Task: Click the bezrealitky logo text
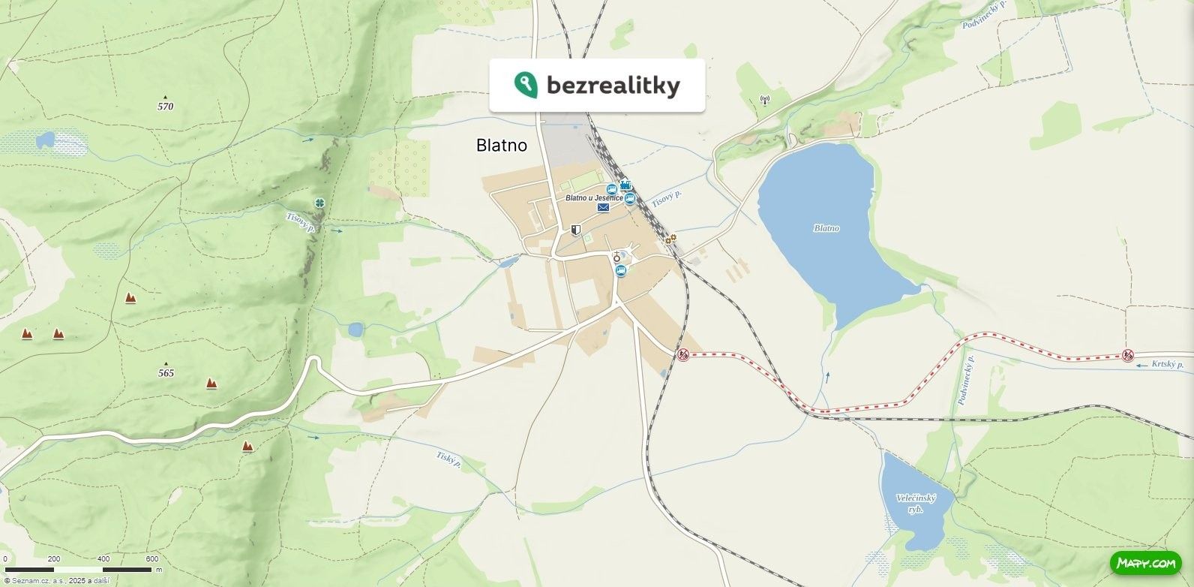point(613,86)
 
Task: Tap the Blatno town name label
point(501,146)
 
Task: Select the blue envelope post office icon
point(603,208)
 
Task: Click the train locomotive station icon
point(625,185)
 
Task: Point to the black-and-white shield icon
point(575,230)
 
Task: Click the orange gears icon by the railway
point(670,239)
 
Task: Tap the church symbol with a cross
point(616,257)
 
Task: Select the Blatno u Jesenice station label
point(594,197)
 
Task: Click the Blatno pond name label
point(826,228)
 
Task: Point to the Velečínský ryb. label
point(916,504)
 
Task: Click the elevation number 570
point(165,107)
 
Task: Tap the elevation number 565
point(166,373)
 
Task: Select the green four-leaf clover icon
point(320,203)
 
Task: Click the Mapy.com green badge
point(1145,562)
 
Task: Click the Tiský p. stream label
point(448,459)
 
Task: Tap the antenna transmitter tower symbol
point(765,99)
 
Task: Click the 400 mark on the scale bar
point(103,559)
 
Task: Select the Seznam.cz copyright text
point(56,580)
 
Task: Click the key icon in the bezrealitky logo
point(525,84)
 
